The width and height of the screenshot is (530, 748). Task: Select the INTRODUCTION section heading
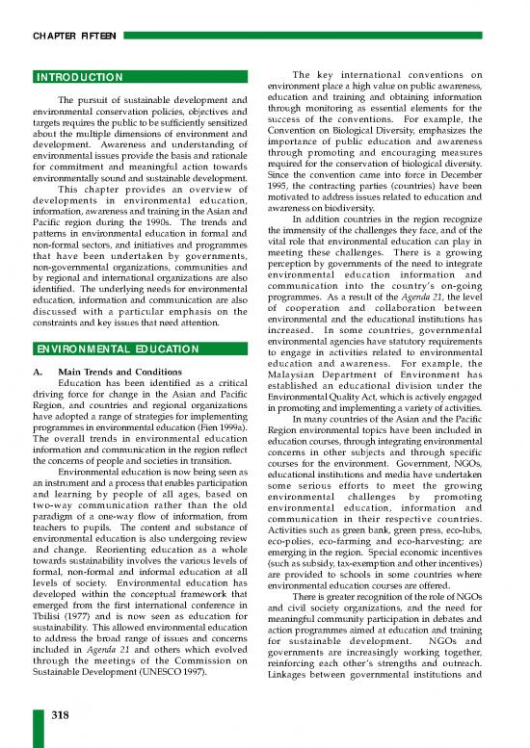point(77,76)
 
